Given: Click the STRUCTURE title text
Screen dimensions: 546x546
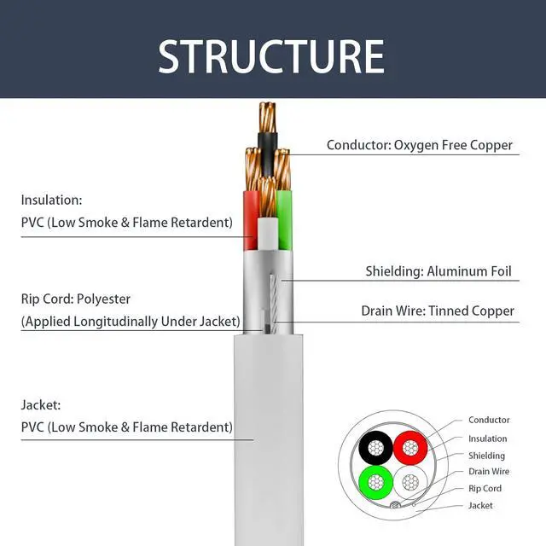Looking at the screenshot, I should click(271, 55).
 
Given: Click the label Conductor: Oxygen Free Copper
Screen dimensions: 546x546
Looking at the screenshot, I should click(420, 145).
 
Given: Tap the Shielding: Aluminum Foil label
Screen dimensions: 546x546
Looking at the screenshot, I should click(439, 272).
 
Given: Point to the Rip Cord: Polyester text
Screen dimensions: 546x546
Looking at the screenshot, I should click(76, 299).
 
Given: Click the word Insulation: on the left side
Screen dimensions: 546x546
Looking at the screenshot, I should click(51, 200).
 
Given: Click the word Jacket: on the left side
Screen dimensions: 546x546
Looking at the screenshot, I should click(41, 405).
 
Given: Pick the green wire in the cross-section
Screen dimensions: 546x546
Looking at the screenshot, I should click(375, 482).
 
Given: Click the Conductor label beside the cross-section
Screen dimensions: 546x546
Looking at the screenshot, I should click(489, 420).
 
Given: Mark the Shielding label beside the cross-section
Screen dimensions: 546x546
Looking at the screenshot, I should click(486, 456).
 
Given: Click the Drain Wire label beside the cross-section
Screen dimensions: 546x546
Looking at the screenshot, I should click(489, 472).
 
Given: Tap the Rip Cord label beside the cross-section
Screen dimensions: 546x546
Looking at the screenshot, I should click(485, 489).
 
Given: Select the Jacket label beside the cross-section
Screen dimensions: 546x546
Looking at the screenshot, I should click(480, 506).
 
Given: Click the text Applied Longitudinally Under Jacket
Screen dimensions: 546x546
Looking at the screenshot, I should click(131, 322).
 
